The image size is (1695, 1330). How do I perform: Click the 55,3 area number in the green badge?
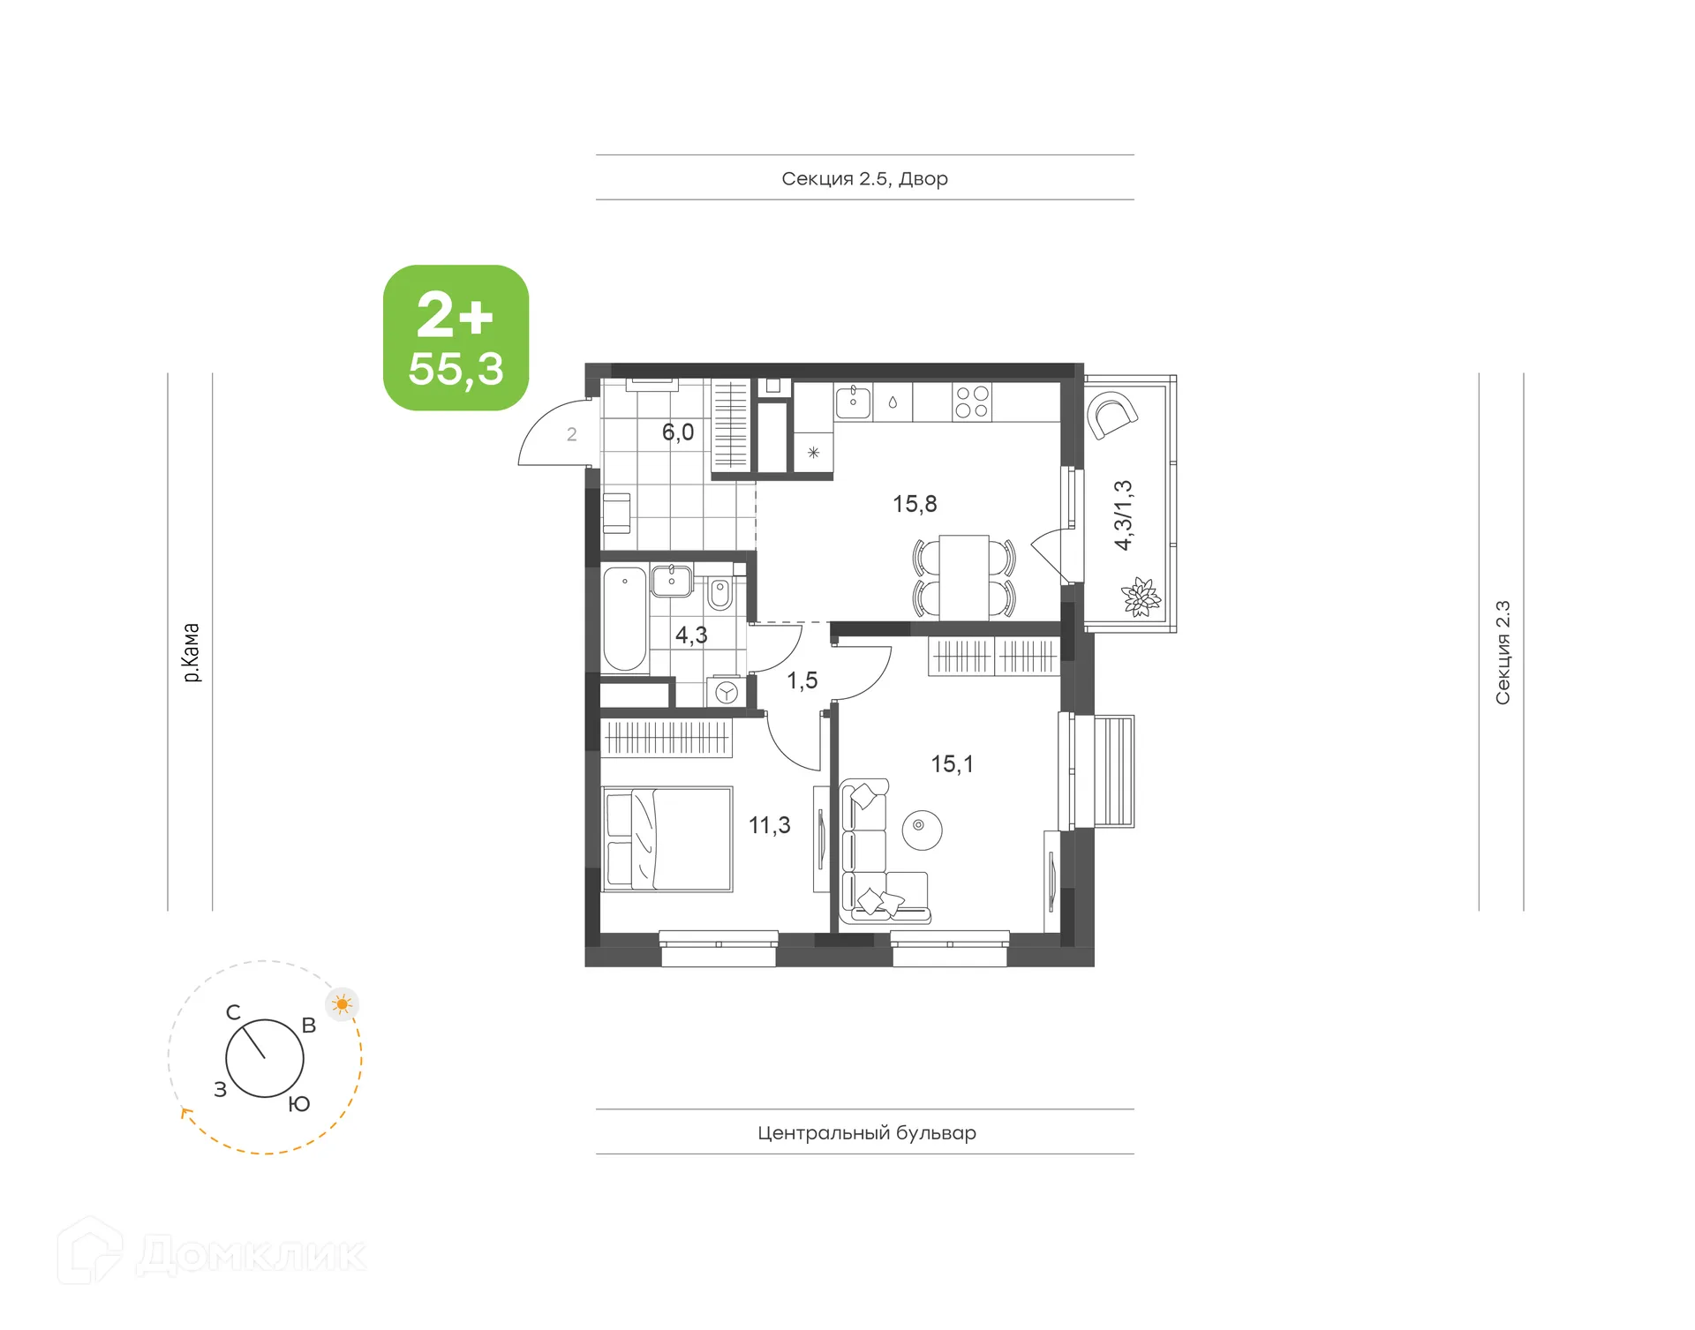[456, 369]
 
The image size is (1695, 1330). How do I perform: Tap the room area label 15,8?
[915, 504]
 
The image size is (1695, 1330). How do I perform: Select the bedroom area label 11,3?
[769, 825]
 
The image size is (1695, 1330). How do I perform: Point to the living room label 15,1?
[952, 763]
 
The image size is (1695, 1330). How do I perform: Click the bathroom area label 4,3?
[691, 635]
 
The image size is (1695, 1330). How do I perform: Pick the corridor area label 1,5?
[802, 680]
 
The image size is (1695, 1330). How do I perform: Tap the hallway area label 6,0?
[678, 432]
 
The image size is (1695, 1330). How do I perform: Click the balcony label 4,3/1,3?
[1123, 515]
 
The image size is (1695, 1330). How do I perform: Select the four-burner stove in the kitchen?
[971, 402]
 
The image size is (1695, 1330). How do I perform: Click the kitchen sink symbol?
[853, 402]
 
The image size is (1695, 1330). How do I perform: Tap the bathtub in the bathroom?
[624, 619]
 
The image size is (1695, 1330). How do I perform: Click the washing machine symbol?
[726, 693]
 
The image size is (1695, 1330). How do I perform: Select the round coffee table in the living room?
[922, 830]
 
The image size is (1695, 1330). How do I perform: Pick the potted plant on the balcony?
[1141, 597]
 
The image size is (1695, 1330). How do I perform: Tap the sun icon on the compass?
[343, 1004]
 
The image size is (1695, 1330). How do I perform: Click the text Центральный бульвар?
[866, 1132]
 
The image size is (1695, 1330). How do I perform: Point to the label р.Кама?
[191, 652]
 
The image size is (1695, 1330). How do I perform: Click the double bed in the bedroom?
[667, 838]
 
